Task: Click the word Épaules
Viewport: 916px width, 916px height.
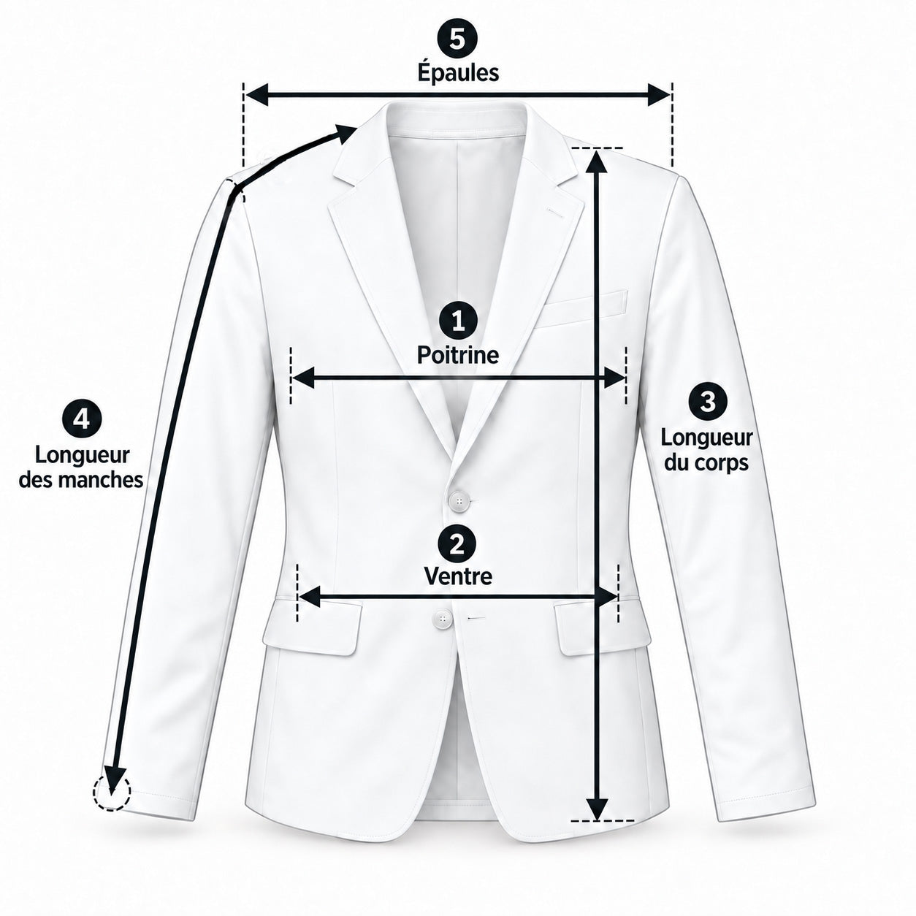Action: pos(458,73)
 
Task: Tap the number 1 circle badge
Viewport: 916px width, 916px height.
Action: pos(458,322)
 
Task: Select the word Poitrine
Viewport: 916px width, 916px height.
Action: pos(458,355)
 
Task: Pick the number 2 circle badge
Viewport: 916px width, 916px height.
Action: pos(457,544)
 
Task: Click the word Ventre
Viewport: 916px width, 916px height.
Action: pos(458,577)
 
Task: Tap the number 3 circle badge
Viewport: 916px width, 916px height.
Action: pos(708,402)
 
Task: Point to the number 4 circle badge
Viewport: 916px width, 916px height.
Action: pos(82,419)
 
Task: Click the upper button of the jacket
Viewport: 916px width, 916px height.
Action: pos(459,500)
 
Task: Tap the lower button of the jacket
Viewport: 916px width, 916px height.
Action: pos(443,619)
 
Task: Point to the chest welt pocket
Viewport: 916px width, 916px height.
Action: pos(581,310)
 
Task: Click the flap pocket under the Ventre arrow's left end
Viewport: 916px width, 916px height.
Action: pos(313,627)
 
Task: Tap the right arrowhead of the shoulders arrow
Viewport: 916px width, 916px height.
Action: pos(658,95)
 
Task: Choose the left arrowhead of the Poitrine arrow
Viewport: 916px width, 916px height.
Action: pos(303,378)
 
